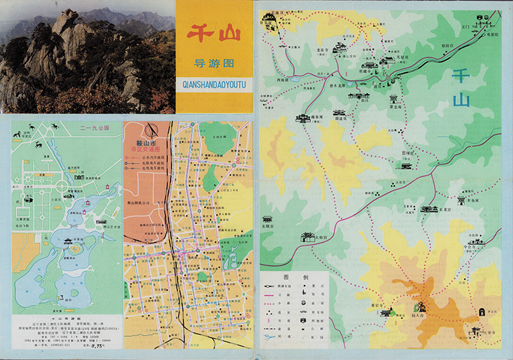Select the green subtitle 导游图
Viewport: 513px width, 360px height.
[x=214, y=64]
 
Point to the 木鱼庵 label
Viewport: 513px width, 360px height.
[x=474, y=201]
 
